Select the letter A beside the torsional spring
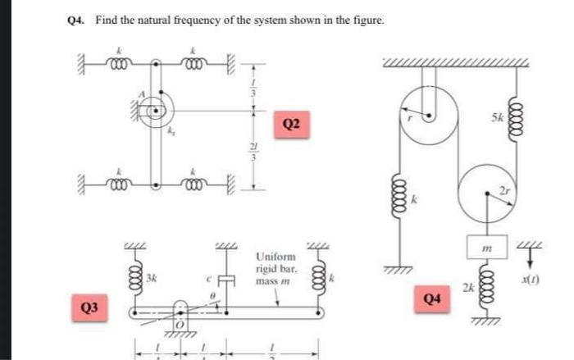[141, 95]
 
